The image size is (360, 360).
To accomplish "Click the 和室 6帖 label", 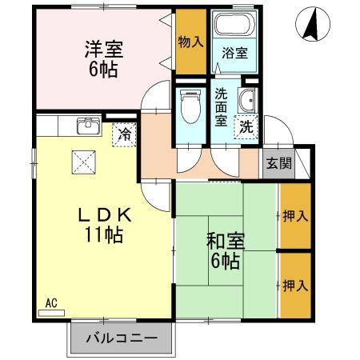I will pos(225,250).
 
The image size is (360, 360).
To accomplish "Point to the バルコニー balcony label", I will pos(120,339).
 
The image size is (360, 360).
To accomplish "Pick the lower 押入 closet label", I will pos(294,285).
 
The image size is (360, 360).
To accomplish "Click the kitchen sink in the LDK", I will pos(86,126).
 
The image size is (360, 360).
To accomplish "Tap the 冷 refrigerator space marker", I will pos(123,135).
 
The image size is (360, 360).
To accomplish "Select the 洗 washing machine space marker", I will pos(245,126).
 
